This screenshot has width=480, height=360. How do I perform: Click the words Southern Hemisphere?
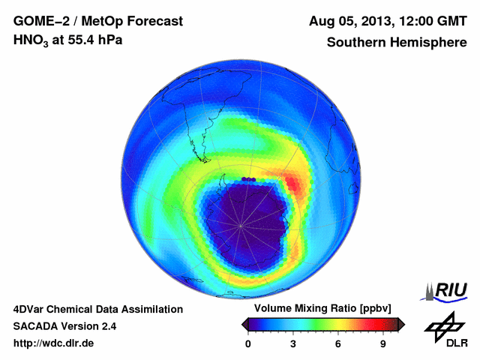(x=397, y=43)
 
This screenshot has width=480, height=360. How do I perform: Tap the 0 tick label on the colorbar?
(x=248, y=343)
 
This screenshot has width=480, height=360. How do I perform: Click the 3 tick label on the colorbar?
(x=293, y=343)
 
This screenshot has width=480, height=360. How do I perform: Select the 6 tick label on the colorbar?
(x=338, y=343)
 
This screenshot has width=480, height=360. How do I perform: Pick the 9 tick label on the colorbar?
(x=382, y=343)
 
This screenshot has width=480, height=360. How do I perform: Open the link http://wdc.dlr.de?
(x=54, y=343)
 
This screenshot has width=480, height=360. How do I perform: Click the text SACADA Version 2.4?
(x=64, y=326)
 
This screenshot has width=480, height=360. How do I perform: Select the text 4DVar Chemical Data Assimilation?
(x=97, y=309)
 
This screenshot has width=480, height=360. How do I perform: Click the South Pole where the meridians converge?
(x=241, y=224)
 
